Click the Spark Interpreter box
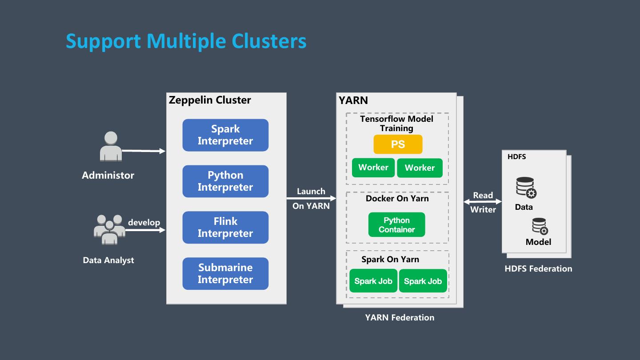tap(225, 135)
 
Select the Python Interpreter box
tap(225, 181)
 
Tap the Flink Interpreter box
tap(225, 228)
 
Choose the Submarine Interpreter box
tap(225, 274)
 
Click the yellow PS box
tap(398, 144)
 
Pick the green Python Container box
tap(396, 225)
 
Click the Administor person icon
tap(111, 146)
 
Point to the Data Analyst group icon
tap(109, 229)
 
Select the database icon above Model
tap(540, 226)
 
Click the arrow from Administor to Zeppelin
tap(143, 151)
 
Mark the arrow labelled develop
tap(145, 230)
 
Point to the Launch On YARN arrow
tap(311, 199)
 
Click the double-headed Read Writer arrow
tap(483, 202)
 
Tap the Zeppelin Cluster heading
tap(210, 100)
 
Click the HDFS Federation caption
tap(538, 268)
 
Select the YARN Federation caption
tap(400, 317)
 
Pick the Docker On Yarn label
tap(397, 198)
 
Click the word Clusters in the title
tap(269, 41)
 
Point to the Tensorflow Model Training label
tap(396, 124)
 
